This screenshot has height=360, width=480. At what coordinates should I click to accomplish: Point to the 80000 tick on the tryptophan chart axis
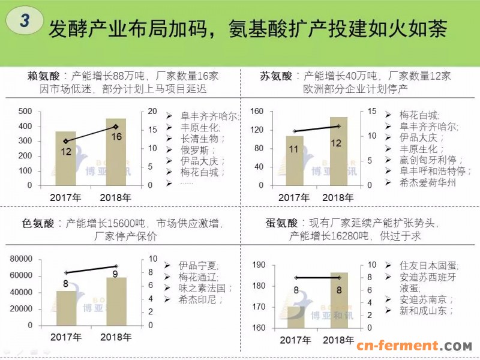click(x=22, y=259)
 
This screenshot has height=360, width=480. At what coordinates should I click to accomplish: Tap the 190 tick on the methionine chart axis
click(x=259, y=265)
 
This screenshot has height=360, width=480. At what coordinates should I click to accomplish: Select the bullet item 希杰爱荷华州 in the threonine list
click(x=427, y=183)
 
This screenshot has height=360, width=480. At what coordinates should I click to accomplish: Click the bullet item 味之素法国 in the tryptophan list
click(x=203, y=287)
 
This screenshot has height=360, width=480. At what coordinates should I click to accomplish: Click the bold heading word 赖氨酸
click(x=44, y=76)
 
